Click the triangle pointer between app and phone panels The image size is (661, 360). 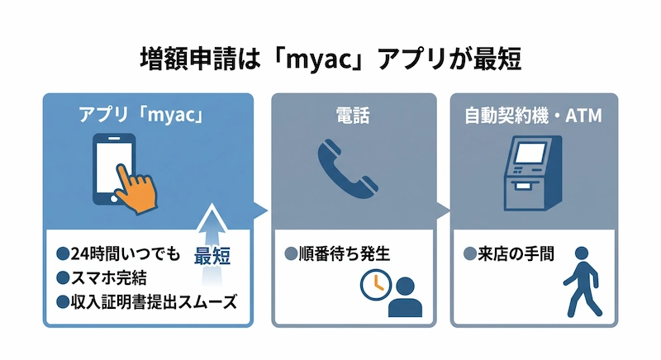click(262, 210)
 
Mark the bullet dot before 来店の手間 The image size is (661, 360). click(468, 253)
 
